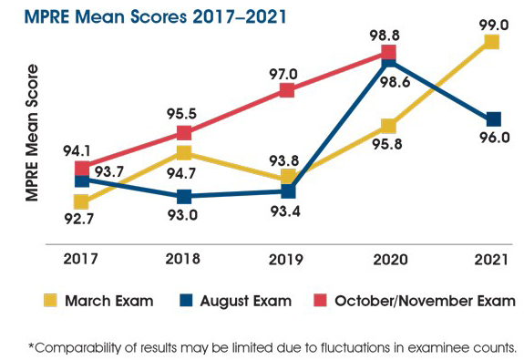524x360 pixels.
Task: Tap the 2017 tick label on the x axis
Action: click(82, 259)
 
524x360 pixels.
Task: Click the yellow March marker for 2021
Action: click(492, 42)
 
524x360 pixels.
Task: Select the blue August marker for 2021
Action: click(493, 119)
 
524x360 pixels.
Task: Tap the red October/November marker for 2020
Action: click(390, 54)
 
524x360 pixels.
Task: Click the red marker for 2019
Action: click(287, 89)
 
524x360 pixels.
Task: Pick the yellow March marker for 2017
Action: click(82, 201)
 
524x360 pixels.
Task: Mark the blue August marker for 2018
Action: click(184, 196)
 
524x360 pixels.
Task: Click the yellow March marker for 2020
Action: click(390, 126)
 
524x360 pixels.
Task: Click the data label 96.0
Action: click(493, 139)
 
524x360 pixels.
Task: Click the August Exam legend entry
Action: click(247, 300)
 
